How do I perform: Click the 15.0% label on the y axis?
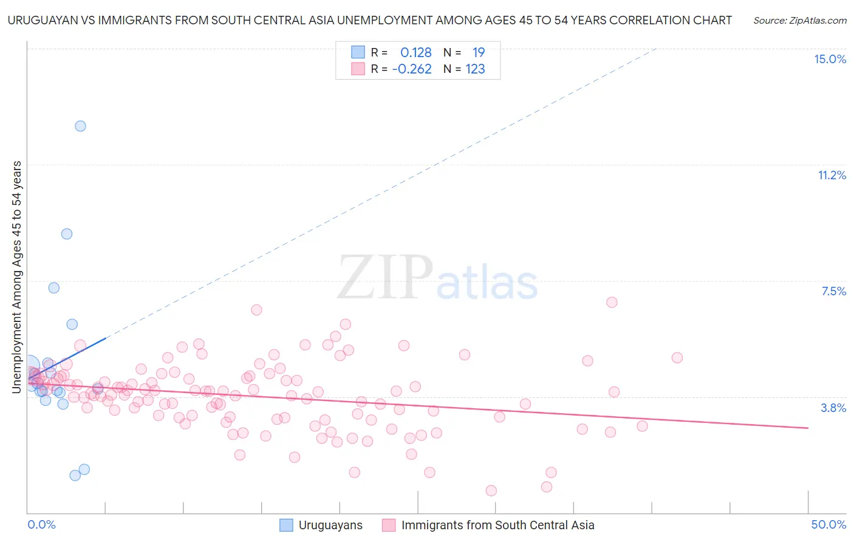830,59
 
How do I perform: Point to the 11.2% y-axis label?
832,175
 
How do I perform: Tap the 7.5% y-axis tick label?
833,291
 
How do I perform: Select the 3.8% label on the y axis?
833,408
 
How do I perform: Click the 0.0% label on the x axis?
41,524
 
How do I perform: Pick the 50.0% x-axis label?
828,524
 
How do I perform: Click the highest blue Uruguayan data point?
80,126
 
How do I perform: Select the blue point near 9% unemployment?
67,234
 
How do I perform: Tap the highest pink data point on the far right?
612,302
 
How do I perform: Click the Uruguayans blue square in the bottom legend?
286,525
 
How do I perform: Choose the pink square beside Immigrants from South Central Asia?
389,525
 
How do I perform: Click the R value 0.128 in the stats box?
415,52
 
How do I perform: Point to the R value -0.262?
412,69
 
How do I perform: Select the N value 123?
475,69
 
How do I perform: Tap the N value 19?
479,52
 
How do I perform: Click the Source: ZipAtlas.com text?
799,20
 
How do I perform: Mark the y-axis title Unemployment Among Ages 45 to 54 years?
17,276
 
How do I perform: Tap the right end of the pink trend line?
808,428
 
